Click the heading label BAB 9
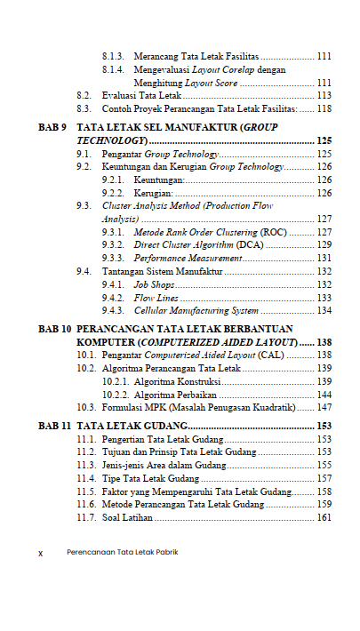pyautogui.click(x=52, y=128)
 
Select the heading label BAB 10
pyautogui.click(x=54, y=329)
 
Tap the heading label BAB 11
pyautogui.click(x=54, y=426)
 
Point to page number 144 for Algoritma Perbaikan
pyautogui.click(x=324, y=394)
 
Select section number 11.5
pyautogui.click(x=87, y=491)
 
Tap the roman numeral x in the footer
pyautogui.click(x=40, y=552)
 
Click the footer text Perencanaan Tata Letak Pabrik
pyautogui.click(x=122, y=552)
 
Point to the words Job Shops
pyautogui.click(x=152, y=284)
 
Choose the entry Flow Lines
pyautogui.click(x=156, y=298)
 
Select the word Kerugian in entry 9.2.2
pyautogui.click(x=152, y=193)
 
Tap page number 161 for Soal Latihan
pyautogui.click(x=324, y=517)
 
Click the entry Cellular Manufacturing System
pyautogui.click(x=196, y=311)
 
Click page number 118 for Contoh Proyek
pyautogui.click(x=324, y=108)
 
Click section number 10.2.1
pyautogui.click(x=117, y=380)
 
